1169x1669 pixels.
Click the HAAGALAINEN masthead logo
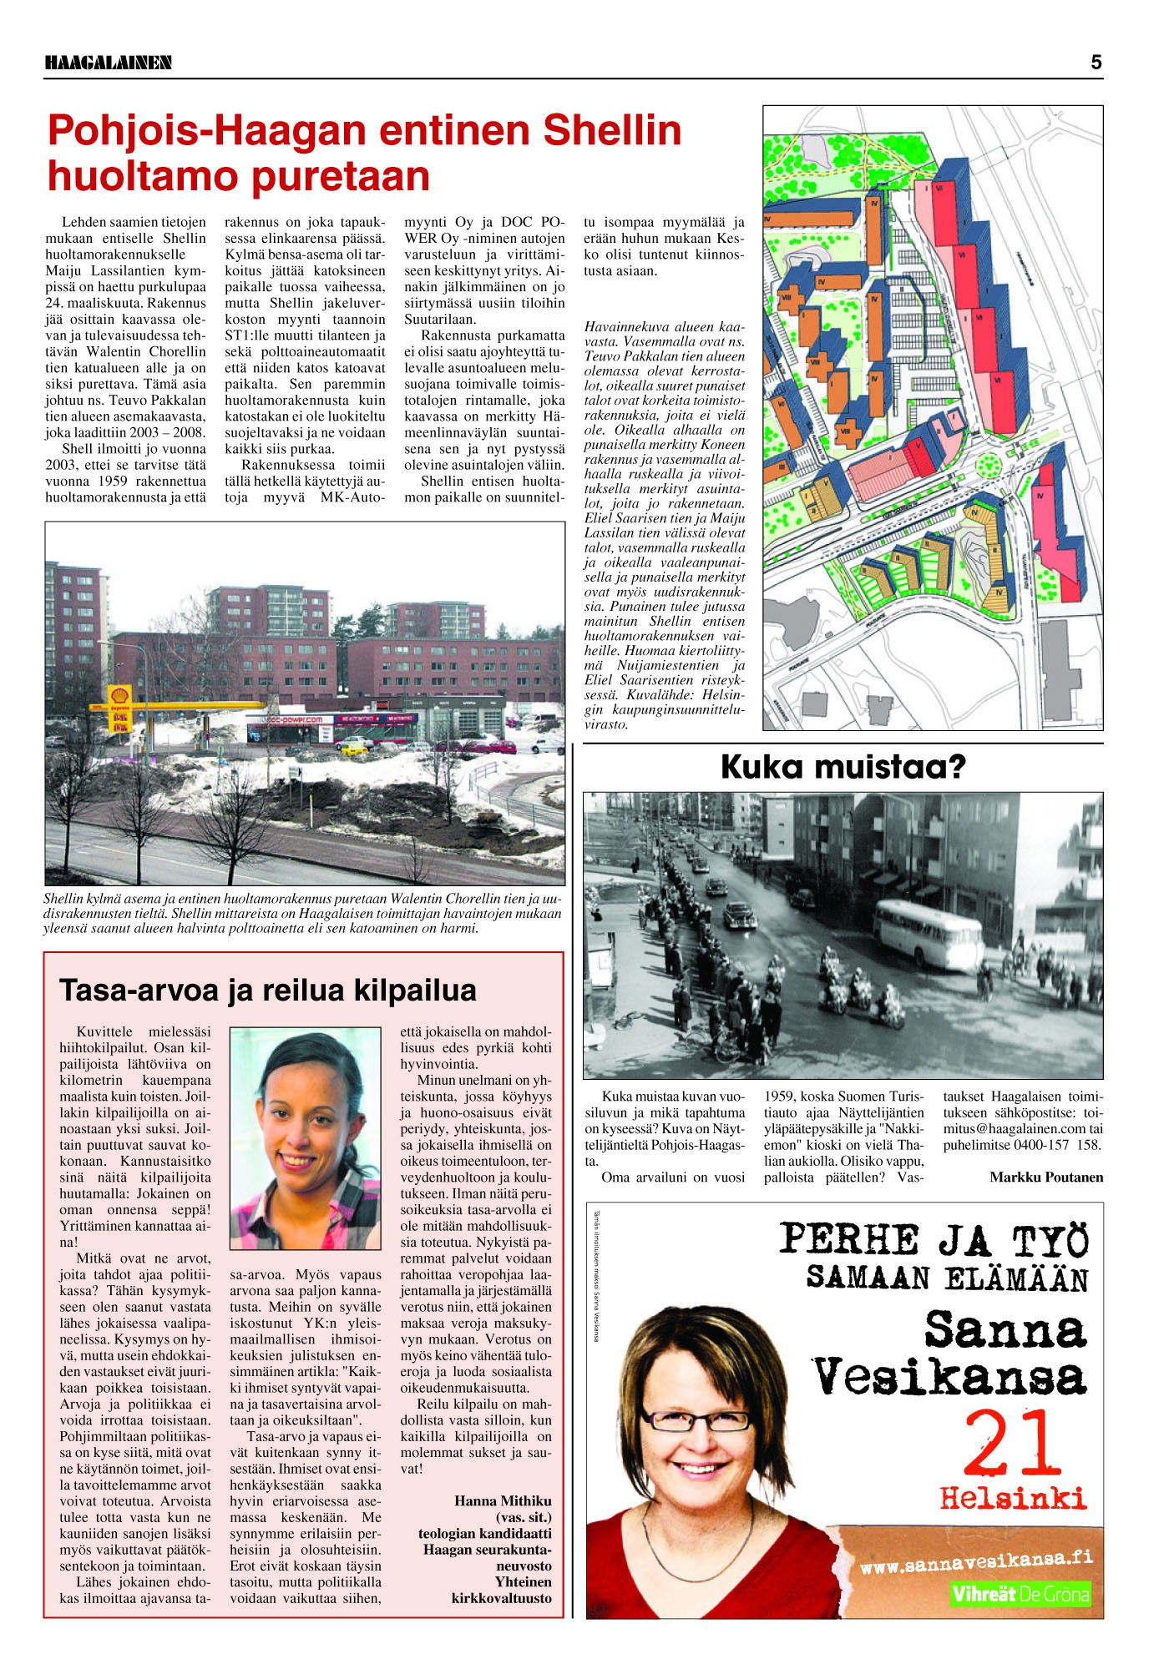[x=109, y=63]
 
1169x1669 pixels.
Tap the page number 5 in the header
[x=1096, y=62]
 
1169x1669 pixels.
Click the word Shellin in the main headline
[x=612, y=130]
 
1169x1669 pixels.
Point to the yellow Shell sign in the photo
[x=119, y=695]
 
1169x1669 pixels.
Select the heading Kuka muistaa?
[x=843, y=767]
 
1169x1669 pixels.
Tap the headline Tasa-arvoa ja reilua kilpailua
[x=268, y=991]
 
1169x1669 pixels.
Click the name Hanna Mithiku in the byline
[x=503, y=1500]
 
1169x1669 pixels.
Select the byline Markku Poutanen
[x=1046, y=1177]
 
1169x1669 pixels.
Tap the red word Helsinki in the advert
[x=1013, y=1497]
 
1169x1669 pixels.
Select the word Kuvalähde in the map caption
[x=673, y=695]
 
